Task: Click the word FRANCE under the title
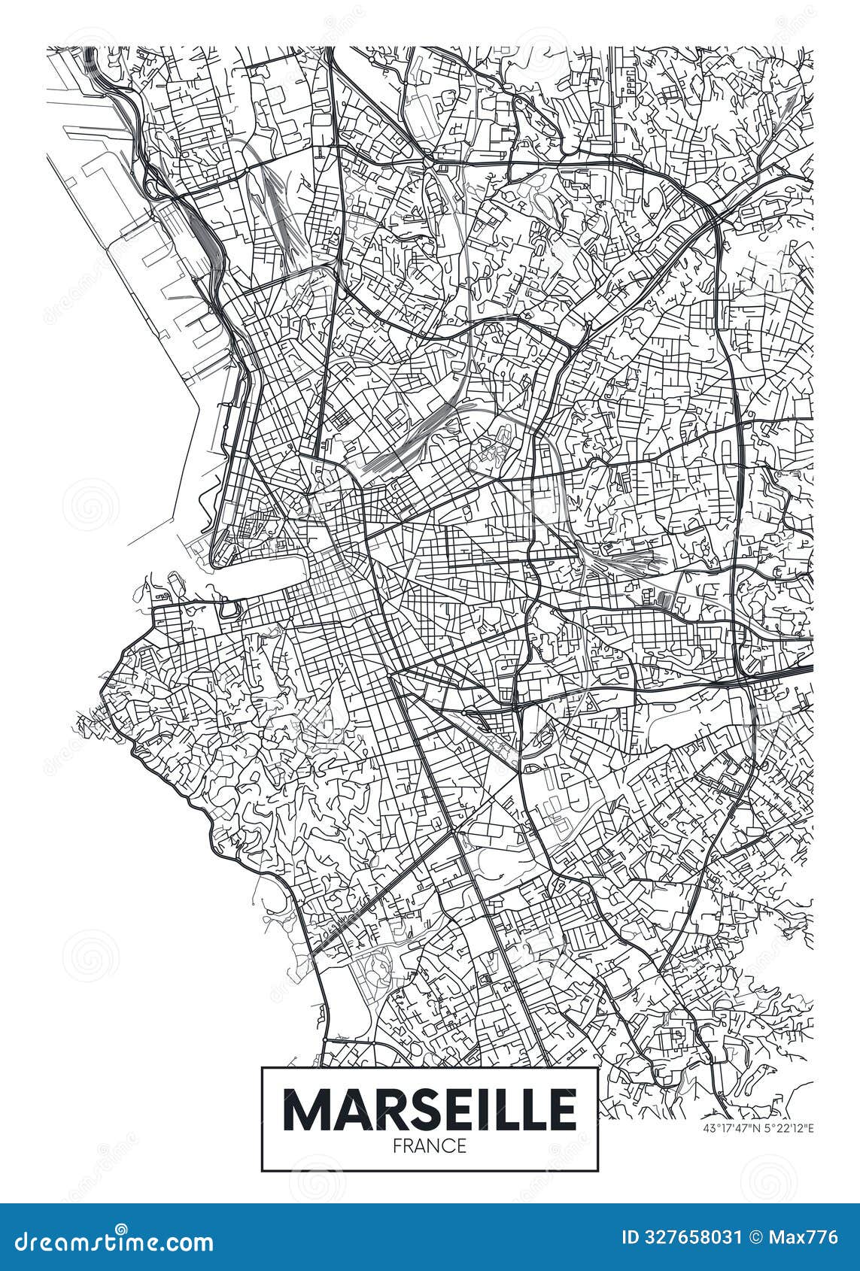pyautogui.click(x=430, y=1146)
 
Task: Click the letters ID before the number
pyautogui.click(x=631, y=1237)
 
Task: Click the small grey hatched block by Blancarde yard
pyautogui.click(x=663, y=598)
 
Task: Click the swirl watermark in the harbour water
pyautogui.click(x=90, y=504)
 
